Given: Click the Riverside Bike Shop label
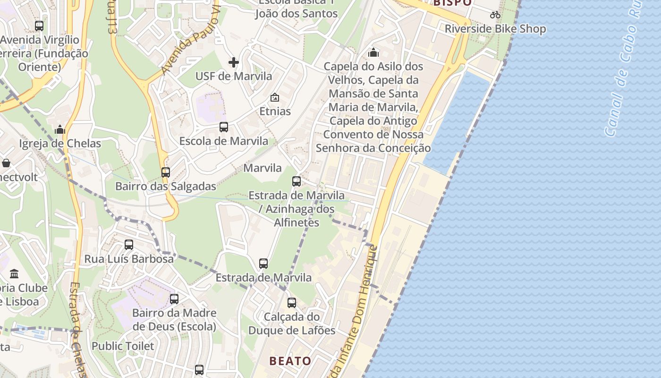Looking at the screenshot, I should (495, 29).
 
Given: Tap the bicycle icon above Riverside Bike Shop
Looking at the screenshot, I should (495, 15).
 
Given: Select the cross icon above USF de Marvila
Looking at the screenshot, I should (234, 62).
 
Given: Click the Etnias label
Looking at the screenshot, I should (275, 112).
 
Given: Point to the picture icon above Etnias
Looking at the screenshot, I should (275, 98).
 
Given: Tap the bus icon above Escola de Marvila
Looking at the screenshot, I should (224, 127).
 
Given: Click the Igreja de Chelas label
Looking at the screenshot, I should (60, 144).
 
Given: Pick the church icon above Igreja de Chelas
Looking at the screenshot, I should (60, 129).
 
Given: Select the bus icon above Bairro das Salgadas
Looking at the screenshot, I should (166, 172).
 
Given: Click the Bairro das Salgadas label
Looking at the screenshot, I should (166, 187).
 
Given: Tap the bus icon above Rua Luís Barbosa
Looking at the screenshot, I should (129, 245).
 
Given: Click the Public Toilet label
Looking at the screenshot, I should (123, 346).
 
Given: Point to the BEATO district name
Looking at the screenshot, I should (290, 361).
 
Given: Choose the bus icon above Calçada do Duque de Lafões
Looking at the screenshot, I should (292, 303).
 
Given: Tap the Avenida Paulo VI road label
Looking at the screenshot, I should (191, 42).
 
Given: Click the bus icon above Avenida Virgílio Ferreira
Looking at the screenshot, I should (39, 26).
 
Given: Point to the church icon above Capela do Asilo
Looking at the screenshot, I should (373, 52).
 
